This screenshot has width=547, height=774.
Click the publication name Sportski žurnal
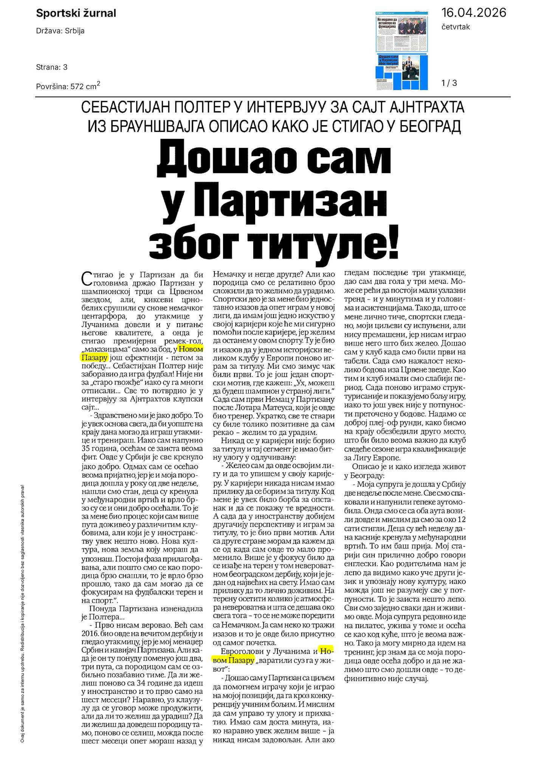pos(76,14)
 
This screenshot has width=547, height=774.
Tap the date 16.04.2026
pos(473,13)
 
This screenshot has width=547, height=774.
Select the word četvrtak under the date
pos(456,27)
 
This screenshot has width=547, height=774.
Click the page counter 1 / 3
pos(449,83)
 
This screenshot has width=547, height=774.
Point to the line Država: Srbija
pos(60,31)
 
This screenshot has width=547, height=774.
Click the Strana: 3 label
pos(52,67)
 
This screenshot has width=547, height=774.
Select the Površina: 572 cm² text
pos(68,86)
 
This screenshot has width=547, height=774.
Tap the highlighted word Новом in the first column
pos(191,349)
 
